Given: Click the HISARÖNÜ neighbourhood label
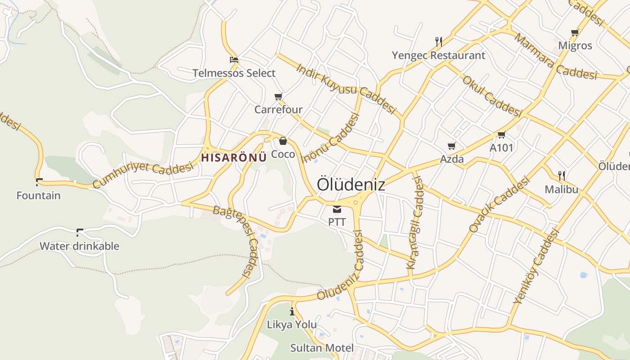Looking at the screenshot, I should point(234,157).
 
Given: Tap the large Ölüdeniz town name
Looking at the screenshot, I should point(351,184).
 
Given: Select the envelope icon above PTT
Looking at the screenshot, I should point(337,209).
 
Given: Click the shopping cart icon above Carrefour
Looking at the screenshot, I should point(279,97).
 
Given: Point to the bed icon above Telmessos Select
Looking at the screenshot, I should point(234,60).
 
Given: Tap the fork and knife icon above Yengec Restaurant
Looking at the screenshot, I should point(439,42).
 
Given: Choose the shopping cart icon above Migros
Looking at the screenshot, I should point(575,33).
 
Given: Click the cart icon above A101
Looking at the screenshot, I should point(502,135).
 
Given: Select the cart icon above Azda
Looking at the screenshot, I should point(452,146).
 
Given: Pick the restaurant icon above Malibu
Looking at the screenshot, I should point(562,175).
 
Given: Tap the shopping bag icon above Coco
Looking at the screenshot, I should point(283,141).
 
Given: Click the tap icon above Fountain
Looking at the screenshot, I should point(39,182).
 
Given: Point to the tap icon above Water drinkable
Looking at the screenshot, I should point(80,233).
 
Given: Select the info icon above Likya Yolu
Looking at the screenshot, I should point(292,311).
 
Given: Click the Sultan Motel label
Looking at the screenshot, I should point(322,348).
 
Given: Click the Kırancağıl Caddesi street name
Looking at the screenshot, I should point(415,223).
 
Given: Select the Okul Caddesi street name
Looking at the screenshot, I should point(491,96).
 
